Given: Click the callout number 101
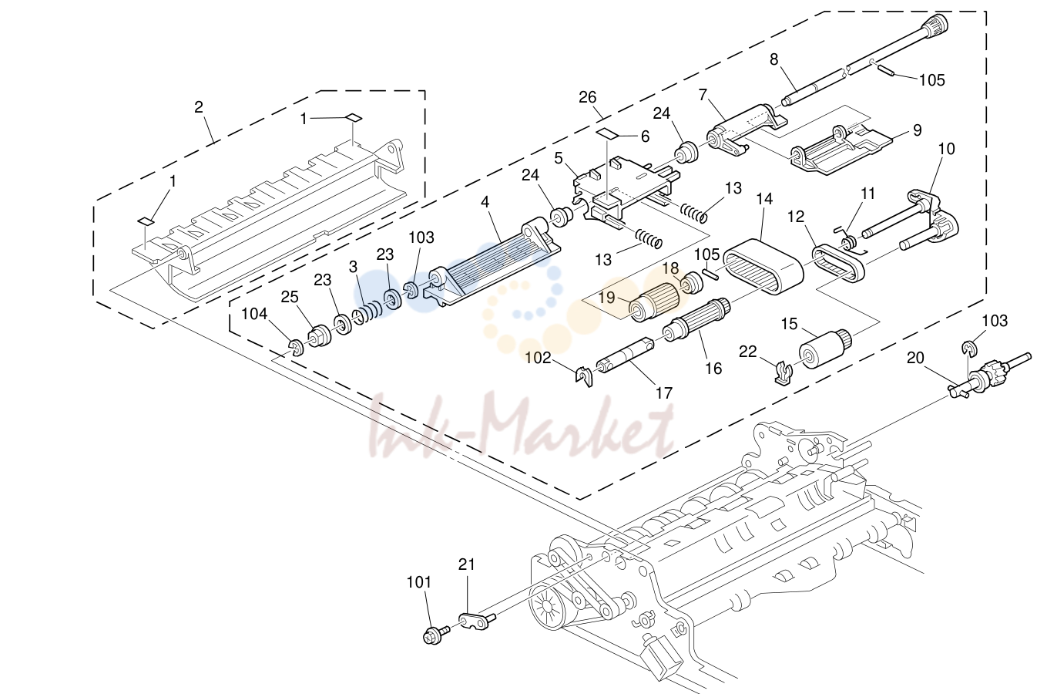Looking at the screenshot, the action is pos(418,582).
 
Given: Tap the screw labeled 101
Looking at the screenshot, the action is pos(436,635).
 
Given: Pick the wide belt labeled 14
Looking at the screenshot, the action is pos(763,266).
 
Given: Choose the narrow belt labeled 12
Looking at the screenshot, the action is pos(838,264).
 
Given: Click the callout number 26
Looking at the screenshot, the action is pos(587,97).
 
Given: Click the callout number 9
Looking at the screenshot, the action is pos(917,130).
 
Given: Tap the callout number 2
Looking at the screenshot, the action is pos(199,107).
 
